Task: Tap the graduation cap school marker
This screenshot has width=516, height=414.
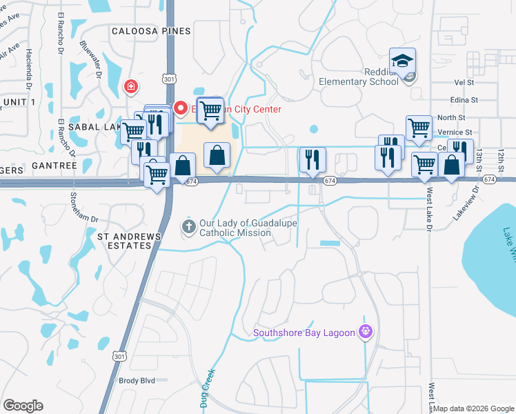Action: click(401, 61)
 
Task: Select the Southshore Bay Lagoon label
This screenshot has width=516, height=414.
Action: click(304, 333)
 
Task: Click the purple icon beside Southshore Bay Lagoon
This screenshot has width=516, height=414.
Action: click(366, 333)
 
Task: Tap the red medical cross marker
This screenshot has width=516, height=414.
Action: click(129, 86)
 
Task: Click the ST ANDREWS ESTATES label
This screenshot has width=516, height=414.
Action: click(128, 241)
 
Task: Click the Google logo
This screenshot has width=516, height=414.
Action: click(23, 406)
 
